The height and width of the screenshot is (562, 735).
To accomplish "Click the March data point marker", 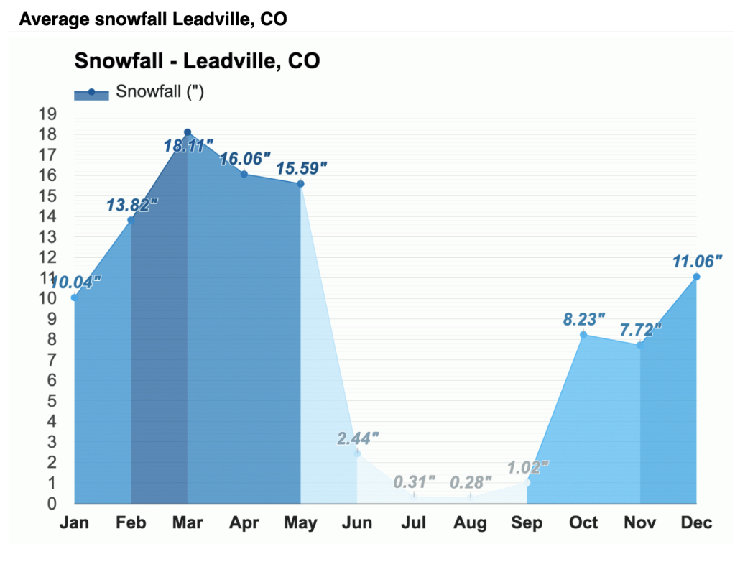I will [188, 132].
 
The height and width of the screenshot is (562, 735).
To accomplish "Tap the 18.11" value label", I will [188, 146].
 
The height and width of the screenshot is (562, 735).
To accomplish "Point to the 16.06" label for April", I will [245, 159].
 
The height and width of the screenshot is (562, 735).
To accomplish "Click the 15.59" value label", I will [302, 169].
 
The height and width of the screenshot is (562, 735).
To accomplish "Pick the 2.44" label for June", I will [358, 438].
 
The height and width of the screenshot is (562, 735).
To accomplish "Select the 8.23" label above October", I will [583, 319].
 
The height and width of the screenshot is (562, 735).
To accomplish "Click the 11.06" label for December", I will [697, 262].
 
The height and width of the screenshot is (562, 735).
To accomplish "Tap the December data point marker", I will [696, 277].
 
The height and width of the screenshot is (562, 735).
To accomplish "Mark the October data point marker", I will [583, 335].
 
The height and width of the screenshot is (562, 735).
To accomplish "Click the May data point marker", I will [300, 184].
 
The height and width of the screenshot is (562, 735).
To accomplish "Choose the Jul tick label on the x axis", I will [414, 522].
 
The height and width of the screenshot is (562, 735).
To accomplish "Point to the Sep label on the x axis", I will [527, 522].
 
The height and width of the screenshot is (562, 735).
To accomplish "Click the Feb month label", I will [131, 522].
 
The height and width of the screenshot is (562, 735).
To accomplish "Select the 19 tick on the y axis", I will [47, 114].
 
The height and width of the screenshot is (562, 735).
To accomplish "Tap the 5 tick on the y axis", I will [52, 400].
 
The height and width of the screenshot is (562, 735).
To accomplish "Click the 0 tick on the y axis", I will [52, 503].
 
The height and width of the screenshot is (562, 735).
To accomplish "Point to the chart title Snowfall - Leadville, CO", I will [197, 61].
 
